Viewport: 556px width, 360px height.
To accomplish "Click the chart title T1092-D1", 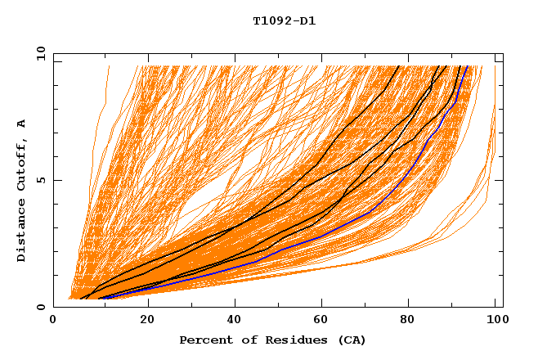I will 284,20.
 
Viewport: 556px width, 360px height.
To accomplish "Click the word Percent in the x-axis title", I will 203,340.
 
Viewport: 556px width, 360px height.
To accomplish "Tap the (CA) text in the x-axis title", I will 351,340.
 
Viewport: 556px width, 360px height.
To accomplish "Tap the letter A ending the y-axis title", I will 21,124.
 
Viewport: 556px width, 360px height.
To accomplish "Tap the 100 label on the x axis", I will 496,320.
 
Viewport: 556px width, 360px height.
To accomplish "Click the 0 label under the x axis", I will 54,320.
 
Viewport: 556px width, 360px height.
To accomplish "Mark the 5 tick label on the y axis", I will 39,181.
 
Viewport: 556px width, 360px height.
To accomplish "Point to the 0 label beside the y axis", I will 39,308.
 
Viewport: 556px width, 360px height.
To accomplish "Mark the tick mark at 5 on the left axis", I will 56,181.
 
